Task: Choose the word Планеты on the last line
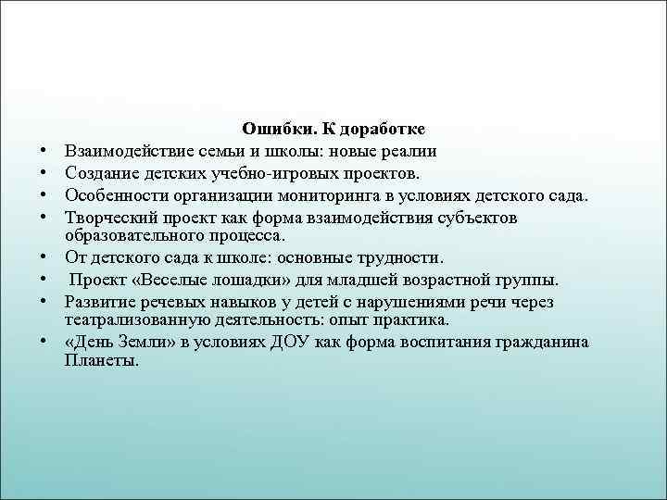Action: click(x=102, y=361)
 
